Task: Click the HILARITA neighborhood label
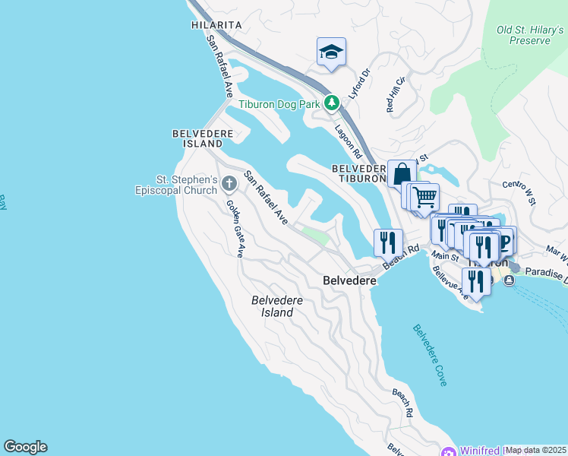(217, 25)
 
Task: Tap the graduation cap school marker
(331, 52)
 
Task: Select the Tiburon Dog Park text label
(280, 104)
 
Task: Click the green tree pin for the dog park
(331, 103)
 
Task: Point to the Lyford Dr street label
(358, 84)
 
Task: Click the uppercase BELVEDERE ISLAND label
(197, 138)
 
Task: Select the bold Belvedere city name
(350, 280)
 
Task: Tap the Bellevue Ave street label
(450, 283)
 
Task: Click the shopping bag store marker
(402, 173)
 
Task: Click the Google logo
(25, 447)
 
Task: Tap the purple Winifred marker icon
(448, 451)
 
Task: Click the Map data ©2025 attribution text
(536, 450)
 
